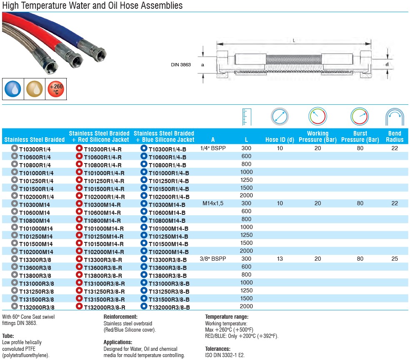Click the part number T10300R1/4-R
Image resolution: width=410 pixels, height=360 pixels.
[x=103, y=149]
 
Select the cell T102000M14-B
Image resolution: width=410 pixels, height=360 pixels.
[x=169, y=252]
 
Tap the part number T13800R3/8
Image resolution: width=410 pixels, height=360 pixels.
[x=35, y=275]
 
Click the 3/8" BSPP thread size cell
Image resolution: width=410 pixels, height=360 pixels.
[x=213, y=259]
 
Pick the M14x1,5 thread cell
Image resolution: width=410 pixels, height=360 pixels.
[x=213, y=204]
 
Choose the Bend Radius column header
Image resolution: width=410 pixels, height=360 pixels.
[x=395, y=137]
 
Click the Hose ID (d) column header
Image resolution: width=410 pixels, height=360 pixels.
[x=280, y=140]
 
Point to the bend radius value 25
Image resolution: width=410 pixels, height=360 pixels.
[x=395, y=259]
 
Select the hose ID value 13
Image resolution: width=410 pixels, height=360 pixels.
[x=280, y=259]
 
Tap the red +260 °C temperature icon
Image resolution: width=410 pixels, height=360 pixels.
[x=56, y=89]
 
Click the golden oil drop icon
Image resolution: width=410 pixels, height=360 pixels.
[x=34, y=89]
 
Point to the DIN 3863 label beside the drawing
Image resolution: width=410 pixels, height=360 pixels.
[x=181, y=65]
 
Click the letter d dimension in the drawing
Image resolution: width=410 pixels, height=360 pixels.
[x=387, y=64]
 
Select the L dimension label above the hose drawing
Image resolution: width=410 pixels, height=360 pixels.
[x=294, y=40]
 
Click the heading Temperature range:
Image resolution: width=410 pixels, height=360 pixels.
[x=227, y=317]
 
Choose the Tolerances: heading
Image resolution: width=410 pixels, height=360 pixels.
[x=217, y=349]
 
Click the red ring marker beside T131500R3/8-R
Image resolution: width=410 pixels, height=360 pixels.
[x=79, y=299]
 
